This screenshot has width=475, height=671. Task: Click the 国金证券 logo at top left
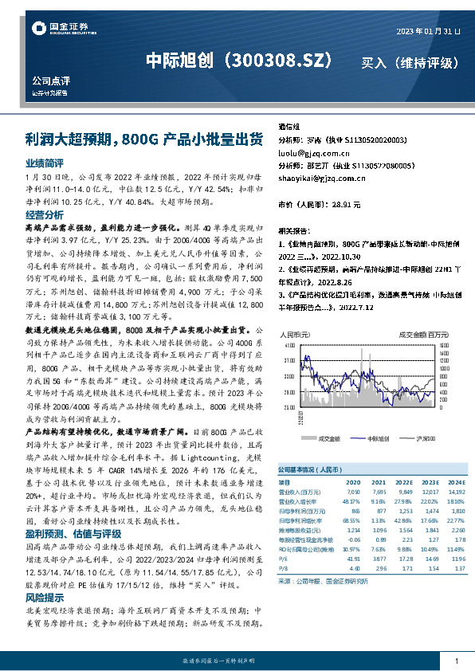60,29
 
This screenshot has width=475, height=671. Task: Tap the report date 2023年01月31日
429,30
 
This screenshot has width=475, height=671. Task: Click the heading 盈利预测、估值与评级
73,533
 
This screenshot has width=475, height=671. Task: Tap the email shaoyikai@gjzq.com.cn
322,179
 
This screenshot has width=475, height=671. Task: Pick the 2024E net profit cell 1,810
456,509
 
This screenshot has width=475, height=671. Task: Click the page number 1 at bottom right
457,661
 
